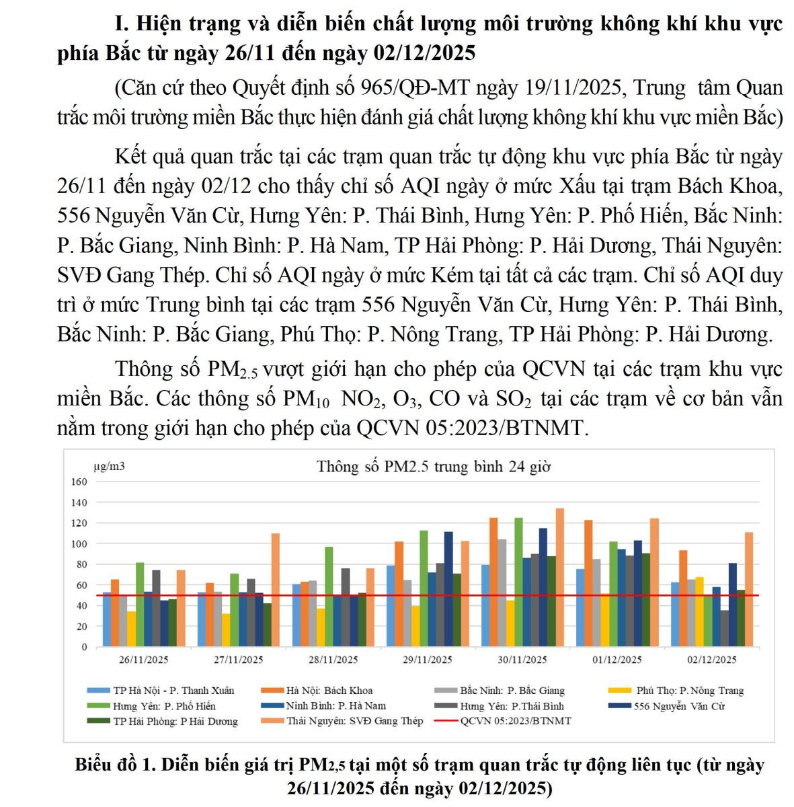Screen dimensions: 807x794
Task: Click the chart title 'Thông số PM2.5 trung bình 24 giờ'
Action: tap(434, 467)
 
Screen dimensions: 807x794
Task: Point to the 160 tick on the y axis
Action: tap(79, 482)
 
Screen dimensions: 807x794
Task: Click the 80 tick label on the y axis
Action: tap(81, 564)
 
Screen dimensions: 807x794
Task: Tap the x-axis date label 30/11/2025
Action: tap(522, 660)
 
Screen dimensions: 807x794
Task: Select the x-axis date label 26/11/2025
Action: tap(144, 660)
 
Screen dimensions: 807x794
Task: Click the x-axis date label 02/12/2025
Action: tap(712, 660)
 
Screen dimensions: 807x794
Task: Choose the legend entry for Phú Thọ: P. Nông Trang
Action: tap(690, 691)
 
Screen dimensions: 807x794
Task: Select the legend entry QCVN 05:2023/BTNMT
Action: tap(515, 721)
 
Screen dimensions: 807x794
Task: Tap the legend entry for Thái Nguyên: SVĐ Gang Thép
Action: tap(354, 721)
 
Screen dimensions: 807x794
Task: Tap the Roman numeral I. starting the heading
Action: tap(121, 24)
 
